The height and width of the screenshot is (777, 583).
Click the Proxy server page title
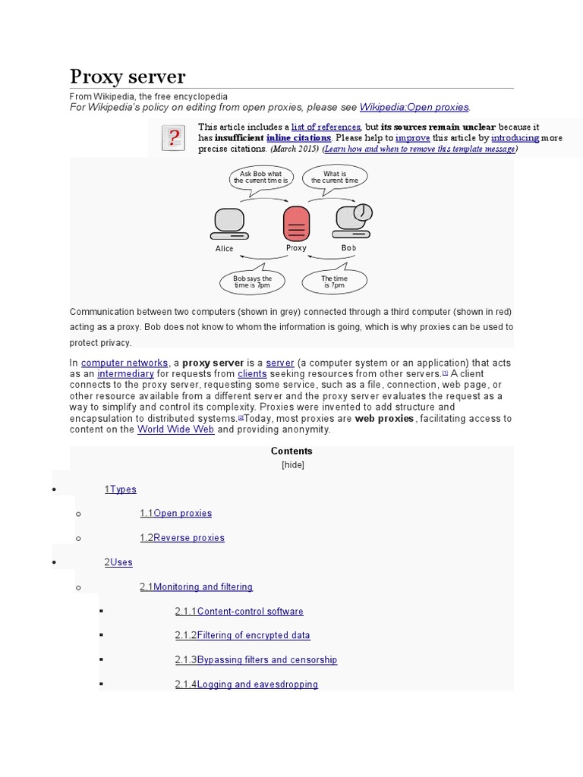(128, 77)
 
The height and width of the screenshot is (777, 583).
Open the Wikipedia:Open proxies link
(414, 107)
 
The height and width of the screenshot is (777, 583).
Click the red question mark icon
(174, 138)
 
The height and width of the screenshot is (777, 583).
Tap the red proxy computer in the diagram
(295, 222)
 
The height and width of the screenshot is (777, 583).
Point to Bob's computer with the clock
(353, 219)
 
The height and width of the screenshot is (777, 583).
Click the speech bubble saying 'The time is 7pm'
(335, 282)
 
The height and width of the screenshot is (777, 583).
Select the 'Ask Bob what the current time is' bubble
(260, 178)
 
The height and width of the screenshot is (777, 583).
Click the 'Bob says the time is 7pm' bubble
(252, 282)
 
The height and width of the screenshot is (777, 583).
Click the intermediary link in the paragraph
(125, 374)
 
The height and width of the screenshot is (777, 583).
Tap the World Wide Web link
(175, 429)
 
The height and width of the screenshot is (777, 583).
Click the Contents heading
(291, 451)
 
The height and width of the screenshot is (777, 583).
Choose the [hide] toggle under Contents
(292, 464)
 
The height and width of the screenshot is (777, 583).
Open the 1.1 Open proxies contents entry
(175, 513)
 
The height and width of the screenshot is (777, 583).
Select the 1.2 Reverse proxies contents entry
(182, 537)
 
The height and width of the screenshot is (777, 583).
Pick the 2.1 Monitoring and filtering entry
(196, 587)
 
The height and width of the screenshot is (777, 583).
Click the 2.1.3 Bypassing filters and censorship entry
(256, 659)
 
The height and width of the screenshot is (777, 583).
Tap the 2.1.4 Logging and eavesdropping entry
(246, 684)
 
